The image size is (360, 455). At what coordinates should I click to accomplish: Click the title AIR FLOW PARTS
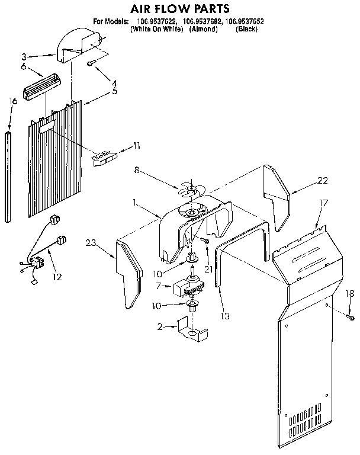coord(179,8)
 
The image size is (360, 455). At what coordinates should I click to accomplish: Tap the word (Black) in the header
coord(246,28)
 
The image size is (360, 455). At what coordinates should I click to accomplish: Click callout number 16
coord(13,101)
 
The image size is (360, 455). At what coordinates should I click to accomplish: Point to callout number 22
coord(322,180)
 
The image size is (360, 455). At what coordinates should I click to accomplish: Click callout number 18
coord(349,293)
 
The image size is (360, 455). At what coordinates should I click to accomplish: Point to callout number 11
coord(137,146)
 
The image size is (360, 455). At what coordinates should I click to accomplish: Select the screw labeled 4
coord(91,62)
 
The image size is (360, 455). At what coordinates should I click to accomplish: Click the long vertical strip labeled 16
coord(8,178)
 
